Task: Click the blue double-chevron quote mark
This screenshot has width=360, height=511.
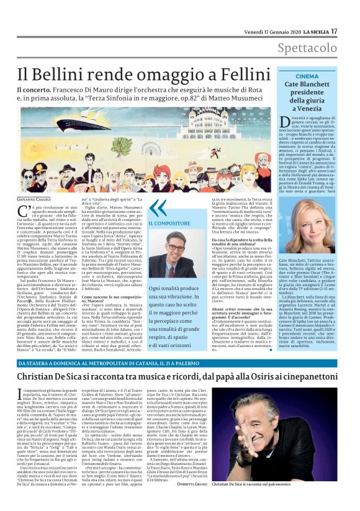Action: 158,207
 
